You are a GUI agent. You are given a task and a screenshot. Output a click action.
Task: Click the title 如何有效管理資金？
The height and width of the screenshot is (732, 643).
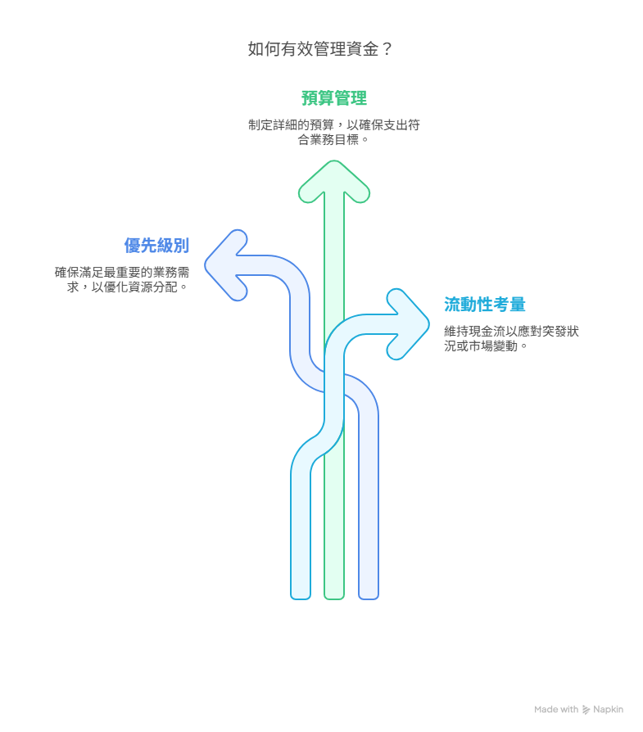click(321, 48)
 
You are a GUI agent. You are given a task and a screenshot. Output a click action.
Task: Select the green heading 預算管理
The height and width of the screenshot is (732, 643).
click(334, 98)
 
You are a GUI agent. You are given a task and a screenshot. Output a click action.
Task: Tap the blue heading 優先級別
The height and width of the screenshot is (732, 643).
click(156, 245)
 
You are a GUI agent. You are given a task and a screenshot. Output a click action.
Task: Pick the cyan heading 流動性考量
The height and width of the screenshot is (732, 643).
click(485, 305)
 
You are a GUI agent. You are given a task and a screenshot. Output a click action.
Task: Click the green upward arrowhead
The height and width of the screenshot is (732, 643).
click(334, 181)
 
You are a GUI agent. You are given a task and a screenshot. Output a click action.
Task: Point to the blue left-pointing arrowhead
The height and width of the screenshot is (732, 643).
click(226, 265)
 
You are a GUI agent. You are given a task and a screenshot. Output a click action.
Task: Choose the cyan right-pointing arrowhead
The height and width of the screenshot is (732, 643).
click(408, 324)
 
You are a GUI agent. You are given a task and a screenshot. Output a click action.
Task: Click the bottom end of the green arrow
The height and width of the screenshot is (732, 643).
click(334, 597)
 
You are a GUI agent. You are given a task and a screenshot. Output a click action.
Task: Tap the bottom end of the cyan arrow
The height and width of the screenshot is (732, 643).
click(301, 597)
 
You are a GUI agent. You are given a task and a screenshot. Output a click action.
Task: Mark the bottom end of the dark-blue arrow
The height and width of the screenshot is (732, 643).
click(369, 597)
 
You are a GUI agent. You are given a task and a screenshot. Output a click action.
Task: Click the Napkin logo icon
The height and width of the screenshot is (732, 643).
click(586, 710)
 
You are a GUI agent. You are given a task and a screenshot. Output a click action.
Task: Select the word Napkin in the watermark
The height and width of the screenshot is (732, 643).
click(608, 709)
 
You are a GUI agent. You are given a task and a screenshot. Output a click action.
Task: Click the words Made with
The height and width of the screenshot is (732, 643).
click(556, 709)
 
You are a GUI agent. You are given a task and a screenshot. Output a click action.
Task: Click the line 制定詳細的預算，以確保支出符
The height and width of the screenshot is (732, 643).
click(334, 124)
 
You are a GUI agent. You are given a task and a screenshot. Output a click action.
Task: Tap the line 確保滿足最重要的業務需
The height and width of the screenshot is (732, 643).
click(122, 272)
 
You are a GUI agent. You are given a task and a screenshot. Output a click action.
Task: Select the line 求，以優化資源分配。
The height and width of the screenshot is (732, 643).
click(128, 287)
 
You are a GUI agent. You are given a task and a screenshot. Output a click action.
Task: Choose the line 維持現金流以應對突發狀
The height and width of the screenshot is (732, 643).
click(511, 332)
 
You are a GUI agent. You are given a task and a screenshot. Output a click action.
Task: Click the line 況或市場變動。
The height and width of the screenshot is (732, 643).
click(487, 346)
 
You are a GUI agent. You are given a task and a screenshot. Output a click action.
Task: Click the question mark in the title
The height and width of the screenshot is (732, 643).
click(387, 48)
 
